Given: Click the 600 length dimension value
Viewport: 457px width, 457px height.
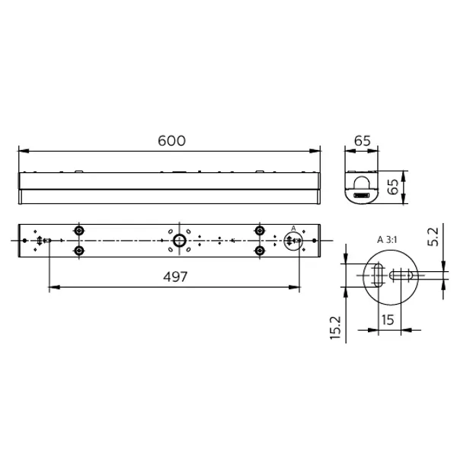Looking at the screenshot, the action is (x=171, y=141).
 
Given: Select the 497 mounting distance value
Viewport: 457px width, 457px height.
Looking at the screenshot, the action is (x=175, y=276).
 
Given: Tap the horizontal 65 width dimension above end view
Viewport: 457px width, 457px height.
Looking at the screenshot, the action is (x=363, y=141).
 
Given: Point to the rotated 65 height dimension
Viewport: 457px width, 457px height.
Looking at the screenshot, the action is (x=393, y=187).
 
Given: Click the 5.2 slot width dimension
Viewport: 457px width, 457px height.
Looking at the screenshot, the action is (x=433, y=237).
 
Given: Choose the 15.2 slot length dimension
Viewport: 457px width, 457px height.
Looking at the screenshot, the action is (x=335, y=328).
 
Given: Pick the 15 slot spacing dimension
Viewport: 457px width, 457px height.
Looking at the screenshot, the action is (x=388, y=320).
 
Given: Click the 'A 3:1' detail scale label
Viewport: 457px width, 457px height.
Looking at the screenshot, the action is (x=387, y=240).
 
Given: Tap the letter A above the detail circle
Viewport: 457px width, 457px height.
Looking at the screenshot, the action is (x=293, y=228).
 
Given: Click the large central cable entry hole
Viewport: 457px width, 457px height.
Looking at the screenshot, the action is (x=180, y=241).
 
